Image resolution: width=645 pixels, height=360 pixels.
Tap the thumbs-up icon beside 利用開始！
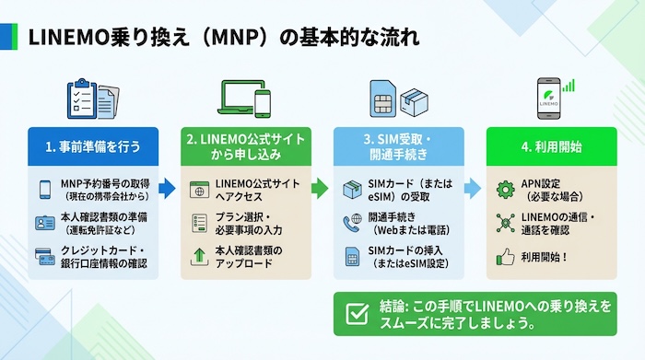503,258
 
